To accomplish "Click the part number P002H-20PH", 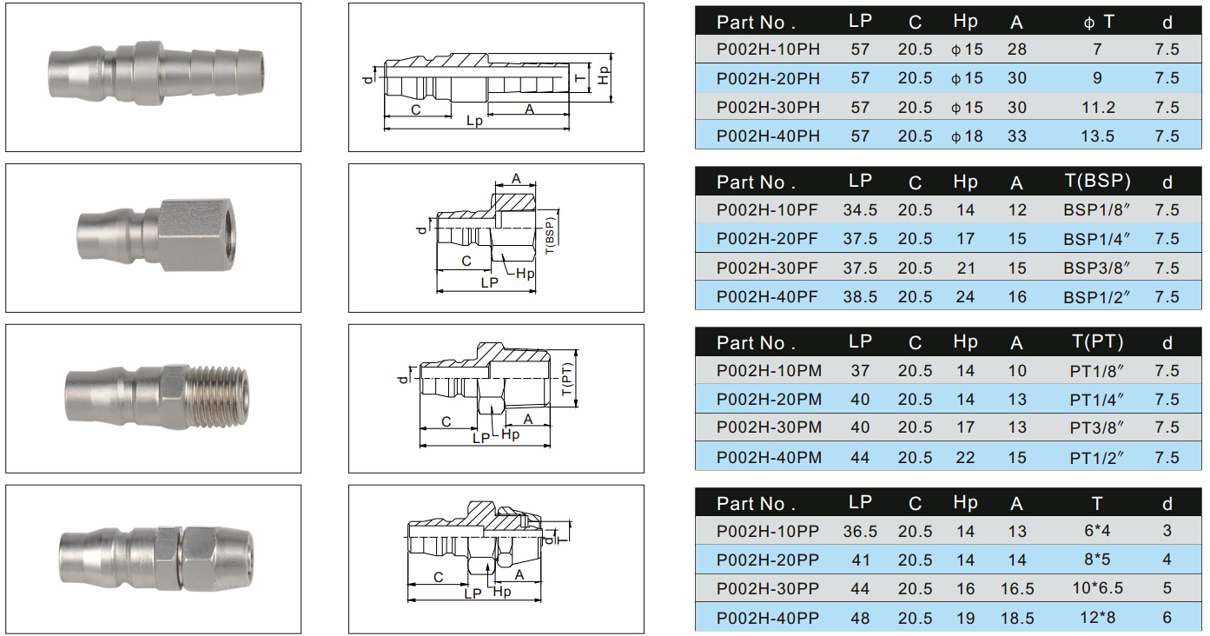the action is pos(768,78).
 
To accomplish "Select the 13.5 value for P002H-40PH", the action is pos(1097,136).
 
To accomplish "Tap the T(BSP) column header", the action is pos(1097,181).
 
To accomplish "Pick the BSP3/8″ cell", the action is pos(1096,268).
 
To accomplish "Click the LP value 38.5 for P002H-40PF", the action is pos(860,296).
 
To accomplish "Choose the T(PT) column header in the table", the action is pos(1097,341).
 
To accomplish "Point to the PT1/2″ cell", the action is pos(1096,458).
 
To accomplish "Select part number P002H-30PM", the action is pos(769,427).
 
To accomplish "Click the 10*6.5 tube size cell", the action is pos(1097,588).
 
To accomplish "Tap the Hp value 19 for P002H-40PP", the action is pos(965,618).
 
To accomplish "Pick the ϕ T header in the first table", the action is pos(1098,22).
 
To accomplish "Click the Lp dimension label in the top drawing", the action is pos(474,121).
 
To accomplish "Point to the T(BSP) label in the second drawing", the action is pos(550,235).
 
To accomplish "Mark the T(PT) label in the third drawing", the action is pos(566,379).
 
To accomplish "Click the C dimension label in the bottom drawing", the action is pos(438,577).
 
